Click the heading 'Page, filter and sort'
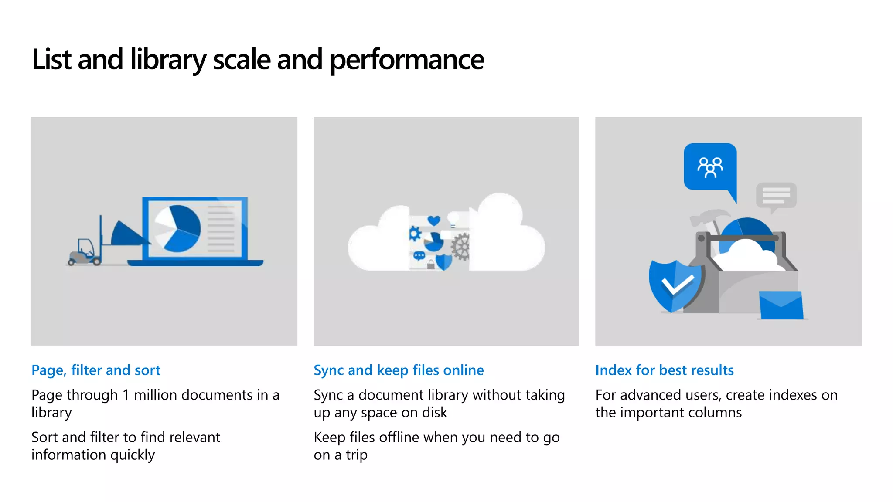click(96, 370)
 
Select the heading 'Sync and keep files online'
click(399, 370)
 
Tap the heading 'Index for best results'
click(665, 370)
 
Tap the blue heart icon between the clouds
click(434, 220)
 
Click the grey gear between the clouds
click(461, 247)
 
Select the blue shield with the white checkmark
click(674, 286)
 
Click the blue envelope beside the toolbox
click(781, 305)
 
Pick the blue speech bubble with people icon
click(710, 167)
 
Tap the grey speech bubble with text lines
click(776, 195)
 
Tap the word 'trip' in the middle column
click(357, 455)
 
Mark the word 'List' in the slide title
click(51, 60)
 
